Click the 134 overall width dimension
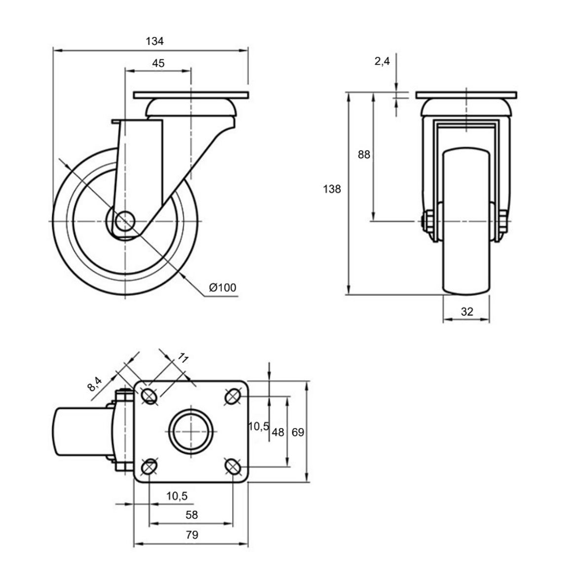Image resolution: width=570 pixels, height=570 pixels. (x=154, y=41)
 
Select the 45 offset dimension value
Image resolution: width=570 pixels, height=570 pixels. (x=158, y=63)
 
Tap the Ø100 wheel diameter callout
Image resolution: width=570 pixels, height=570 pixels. (x=222, y=287)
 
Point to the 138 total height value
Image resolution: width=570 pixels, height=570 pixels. (x=332, y=189)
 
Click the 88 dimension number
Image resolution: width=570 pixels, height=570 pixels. (x=364, y=154)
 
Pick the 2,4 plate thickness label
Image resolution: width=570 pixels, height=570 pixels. (x=382, y=61)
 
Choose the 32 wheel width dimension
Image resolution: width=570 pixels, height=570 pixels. (x=467, y=312)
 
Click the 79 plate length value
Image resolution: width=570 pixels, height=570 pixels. (x=192, y=534)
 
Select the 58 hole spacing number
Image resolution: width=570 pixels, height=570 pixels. (x=192, y=515)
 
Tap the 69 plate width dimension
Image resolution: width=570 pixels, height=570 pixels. (x=298, y=432)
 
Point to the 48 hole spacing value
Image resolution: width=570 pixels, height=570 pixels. (x=278, y=432)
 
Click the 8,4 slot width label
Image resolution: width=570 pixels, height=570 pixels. (x=95, y=384)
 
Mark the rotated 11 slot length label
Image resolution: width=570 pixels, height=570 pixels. (x=182, y=358)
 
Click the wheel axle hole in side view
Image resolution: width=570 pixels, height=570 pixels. (x=125, y=221)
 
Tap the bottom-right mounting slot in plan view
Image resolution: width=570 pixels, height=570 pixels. (x=233, y=466)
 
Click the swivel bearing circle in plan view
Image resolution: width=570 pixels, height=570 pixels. (x=191, y=431)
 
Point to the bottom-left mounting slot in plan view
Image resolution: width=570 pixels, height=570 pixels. (x=149, y=466)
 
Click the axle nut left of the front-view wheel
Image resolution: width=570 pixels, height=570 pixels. (x=426, y=221)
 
